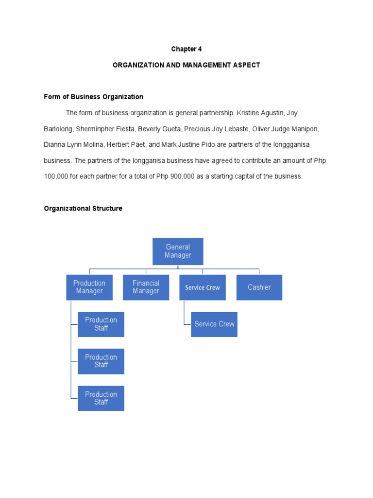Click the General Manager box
pyautogui.click(x=178, y=251)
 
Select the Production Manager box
pyautogui.click(x=89, y=287)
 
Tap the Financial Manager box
pyautogui.click(x=146, y=287)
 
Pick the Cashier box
pyautogui.click(x=259, y=287)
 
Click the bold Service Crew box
pyautogui.click(x=202, y=287)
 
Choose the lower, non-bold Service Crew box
pyautogui.click(x=214, y=324)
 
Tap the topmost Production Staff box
pyautogui.click(x=101, y=324)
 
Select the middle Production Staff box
pyautogui.click(x=101, y=361)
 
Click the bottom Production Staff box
pyautogui.click(x=101, y=398)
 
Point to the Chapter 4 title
pyautogui.click(x=186, y=49)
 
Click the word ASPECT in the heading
pyautogui.click(x=247, y=65)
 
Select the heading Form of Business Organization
pyautogui.click(x=94, y=97)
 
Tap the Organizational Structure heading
pyautogui.click(x=83, y=209)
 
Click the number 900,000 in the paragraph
pyautogui.click(x=182, y=177)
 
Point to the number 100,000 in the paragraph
pyautogui.click(x=56, y=177)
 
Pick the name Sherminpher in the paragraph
pyautogui.click(x=102, y=129)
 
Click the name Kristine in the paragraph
pyautogui.click(x=248, y=113)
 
